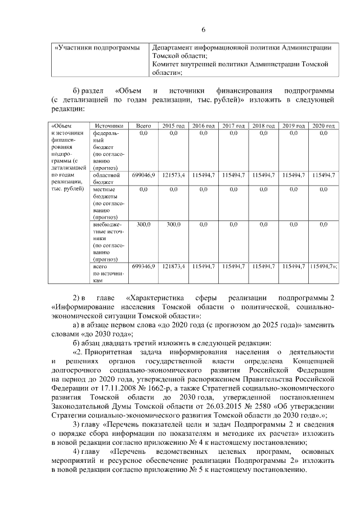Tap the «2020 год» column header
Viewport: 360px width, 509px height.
[323, 125]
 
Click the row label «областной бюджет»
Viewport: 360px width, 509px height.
[106, 179]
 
